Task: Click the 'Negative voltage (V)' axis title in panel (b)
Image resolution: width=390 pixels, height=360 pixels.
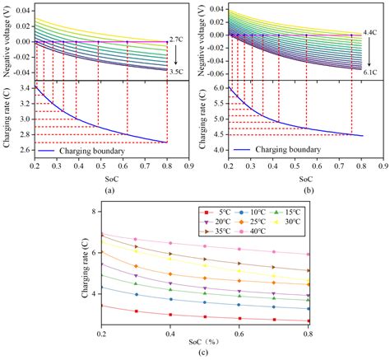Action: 200,39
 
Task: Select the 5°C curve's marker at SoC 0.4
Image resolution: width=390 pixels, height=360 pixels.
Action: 169,315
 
